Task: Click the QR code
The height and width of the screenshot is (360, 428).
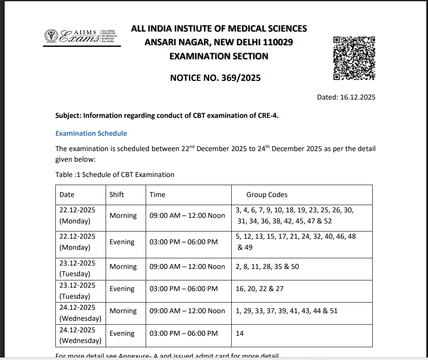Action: (354, 58)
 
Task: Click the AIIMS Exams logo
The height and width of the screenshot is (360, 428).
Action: (80, 37)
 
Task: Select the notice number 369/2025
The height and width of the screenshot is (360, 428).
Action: (215, 78)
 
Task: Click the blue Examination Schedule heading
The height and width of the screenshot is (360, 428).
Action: (91, 133)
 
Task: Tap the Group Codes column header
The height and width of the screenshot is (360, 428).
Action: (267, 194)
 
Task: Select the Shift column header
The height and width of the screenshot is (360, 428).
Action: (117, 194)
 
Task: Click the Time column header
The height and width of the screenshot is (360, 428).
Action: (157, 194)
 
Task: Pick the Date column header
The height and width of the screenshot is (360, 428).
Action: (67, 194)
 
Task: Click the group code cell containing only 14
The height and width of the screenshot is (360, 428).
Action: (240, 333)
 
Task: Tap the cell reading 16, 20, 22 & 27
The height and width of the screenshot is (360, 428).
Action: (259, 289)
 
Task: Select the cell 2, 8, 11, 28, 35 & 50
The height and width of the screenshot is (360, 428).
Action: (267, 266)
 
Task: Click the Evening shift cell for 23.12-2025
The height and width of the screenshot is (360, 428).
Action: (122, 289)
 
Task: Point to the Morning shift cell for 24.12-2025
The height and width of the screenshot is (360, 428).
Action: (123, 311)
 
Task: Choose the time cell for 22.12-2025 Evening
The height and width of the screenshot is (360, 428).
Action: (184, 242)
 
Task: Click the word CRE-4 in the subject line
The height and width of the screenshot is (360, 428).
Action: (268, 115)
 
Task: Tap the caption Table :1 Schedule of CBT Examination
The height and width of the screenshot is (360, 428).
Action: (115, 174)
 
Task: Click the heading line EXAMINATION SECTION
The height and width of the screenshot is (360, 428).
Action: (219, 56)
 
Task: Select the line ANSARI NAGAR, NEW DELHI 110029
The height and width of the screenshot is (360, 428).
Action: (218, 42)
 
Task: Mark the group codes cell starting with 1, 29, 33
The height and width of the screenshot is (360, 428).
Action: (286, 311)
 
